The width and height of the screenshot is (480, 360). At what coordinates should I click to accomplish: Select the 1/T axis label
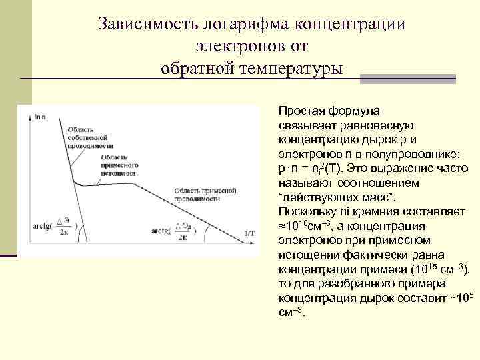coord(249,233)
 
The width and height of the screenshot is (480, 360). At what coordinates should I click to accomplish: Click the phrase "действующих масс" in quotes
coord(336,198)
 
